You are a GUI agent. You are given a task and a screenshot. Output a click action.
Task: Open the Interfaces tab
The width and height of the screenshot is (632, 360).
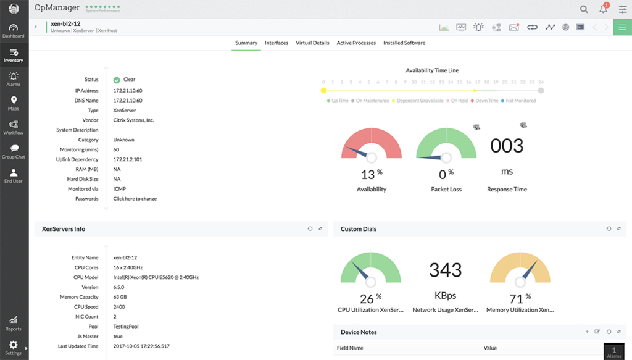(276, 43)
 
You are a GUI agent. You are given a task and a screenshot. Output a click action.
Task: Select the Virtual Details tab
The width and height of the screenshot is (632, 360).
(312, 43)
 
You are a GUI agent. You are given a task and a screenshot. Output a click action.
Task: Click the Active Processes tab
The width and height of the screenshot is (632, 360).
(356, 43)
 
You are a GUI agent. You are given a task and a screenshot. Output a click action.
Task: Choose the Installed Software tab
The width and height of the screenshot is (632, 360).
(404, 43)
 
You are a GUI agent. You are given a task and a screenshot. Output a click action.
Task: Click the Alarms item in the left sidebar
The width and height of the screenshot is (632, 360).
(14, 79)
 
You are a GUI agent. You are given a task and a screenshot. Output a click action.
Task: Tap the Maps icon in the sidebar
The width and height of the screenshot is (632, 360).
(14, 103)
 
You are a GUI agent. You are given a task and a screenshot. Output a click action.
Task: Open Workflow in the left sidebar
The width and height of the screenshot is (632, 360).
(14, 127)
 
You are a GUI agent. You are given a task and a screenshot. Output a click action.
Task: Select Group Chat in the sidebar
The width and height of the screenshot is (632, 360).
(14, 151)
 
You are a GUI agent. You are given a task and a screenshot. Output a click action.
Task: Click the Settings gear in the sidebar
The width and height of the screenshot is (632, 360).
(14, 346)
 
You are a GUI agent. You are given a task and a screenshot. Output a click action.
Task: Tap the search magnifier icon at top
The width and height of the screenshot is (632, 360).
(584, 9)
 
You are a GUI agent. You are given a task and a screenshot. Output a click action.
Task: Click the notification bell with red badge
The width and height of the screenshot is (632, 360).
(604, 9)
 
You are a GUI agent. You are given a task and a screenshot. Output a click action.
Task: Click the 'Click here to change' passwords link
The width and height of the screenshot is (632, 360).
(135, 199)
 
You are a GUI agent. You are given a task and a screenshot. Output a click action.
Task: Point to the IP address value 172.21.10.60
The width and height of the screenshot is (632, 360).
(128, 90)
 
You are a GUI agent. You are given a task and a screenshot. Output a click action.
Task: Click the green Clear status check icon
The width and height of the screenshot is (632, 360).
(117, 80)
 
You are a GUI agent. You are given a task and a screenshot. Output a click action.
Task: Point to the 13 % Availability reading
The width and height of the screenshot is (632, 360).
(371, 174)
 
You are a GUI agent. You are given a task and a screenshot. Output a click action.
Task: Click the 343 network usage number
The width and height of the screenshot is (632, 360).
(445, 270)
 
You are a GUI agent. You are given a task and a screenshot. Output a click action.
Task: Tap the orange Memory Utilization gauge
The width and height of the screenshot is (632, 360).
(520, 270)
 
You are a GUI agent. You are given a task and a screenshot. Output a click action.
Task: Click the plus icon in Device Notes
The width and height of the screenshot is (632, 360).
(587, 332)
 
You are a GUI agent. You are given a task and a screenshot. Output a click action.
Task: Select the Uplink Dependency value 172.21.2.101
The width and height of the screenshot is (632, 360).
(128, 159)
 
